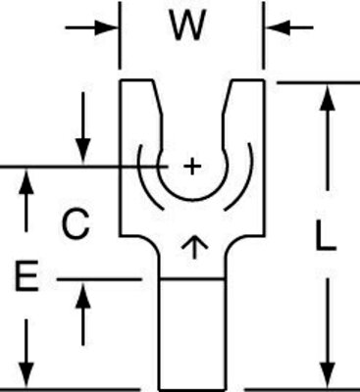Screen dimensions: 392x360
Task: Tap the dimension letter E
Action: pyautogui.click(x=26, y=280)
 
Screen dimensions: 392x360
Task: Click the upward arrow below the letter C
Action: pyautogui.click(x=83, y=290)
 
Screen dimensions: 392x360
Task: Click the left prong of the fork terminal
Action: pyautogui.click(x=136, y=118)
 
